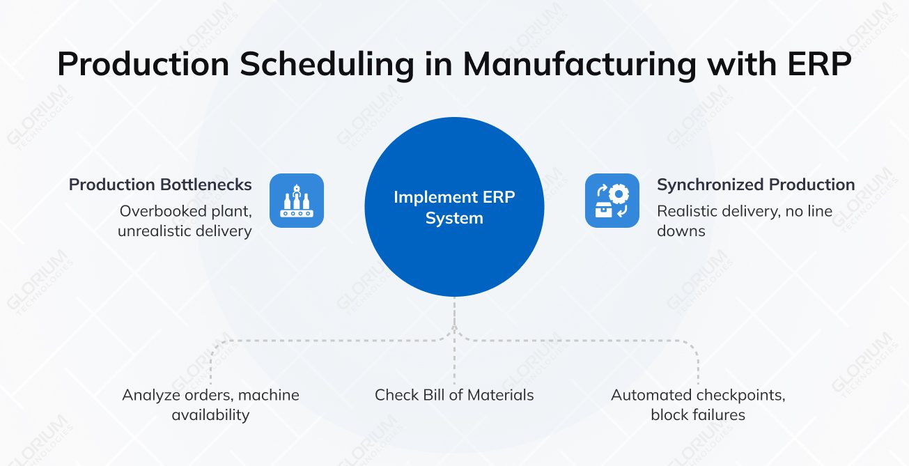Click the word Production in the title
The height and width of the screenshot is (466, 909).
[x=143, y=64]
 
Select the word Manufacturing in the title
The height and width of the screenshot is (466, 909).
[x=580, y=64]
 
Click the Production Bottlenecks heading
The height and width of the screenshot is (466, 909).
[x=160, y=185]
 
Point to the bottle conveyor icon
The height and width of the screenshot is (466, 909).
[x=297, y=201]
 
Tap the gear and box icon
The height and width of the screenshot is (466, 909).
[x=612, y=201]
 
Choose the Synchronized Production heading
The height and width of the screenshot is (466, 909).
[x=756, y=185]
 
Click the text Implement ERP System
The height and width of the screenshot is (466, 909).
[x=454, y=208]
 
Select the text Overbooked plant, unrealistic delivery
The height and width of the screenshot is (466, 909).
[x=185, y=221]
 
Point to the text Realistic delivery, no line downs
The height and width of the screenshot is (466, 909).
[x=745, y=221]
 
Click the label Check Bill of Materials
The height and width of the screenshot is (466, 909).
[x=454, y=395]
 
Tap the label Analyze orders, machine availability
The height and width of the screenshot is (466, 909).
[x=210, y=405]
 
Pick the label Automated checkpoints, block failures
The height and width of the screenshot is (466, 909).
[x=698, y=405]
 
